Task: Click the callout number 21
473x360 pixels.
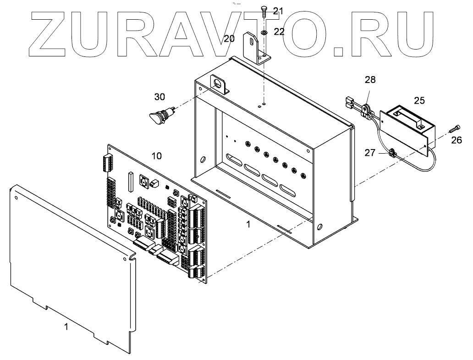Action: point(279,10)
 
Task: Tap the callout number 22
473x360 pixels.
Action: point(279,32)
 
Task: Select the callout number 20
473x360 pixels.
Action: point(229,39)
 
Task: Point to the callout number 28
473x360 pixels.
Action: point(370,80)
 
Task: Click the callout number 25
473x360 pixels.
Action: point(419,100)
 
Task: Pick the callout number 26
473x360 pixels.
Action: point(456,140)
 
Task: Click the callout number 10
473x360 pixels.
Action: point(156,156)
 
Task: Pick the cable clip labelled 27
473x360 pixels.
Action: point(392,153)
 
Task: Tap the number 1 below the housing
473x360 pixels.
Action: point(248,225)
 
